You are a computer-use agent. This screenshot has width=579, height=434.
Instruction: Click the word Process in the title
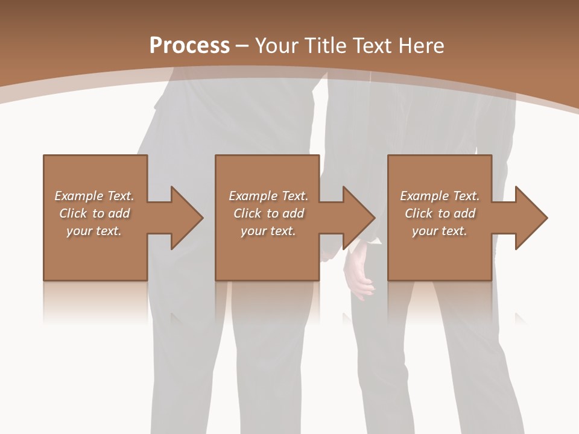click(x=189, y=46)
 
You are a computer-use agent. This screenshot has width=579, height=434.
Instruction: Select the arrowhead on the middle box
click(x=357, y=218)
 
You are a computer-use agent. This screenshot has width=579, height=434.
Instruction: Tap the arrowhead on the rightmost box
click(x=530, y=218)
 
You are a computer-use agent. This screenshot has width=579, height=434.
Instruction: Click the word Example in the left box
click(x=79, y=196)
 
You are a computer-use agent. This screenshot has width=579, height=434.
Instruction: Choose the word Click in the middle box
click(x=247, y=213)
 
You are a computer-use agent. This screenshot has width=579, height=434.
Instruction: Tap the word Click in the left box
click(x=73, y=213)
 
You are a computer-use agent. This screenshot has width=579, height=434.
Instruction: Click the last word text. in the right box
click(x=454, y=231)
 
